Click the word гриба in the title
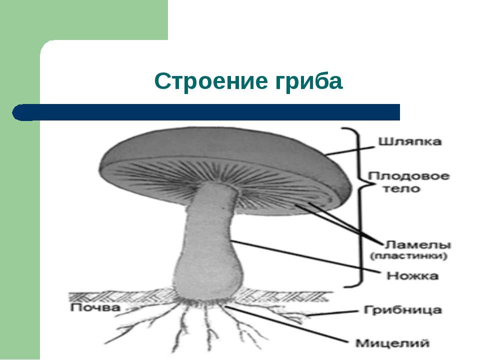[x=308, y=81]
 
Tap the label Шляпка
[x=410, y=141]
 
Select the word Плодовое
[x=408, y=176]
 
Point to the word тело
[x=401, y=188]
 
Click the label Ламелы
[x=417, y=244]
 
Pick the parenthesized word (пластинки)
[x=408, y=256]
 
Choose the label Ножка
[x=412, y=276]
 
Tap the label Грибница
[x=402, y=310]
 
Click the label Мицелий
[x=392, y=343]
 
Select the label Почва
[x=95, y=307]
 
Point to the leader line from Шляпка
[x=350, y=150]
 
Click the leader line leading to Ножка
[x=306, y=256]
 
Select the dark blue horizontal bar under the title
[x=206, y=112]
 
